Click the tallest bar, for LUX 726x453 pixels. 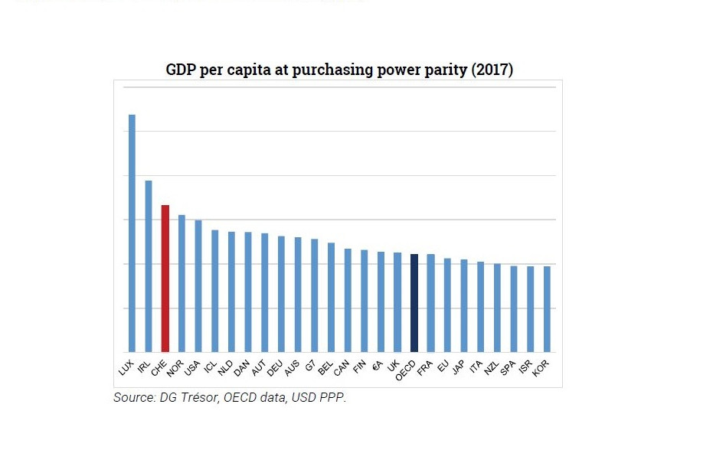click(132, 233)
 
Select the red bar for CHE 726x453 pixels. click(165, 279)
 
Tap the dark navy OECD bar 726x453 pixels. click(414, 303)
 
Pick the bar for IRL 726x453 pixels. click(149, 266)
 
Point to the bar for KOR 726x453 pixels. click(547, 309)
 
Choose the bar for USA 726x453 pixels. click(198, 286)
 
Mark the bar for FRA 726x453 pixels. click(430, 303)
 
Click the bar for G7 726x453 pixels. click(315, 295)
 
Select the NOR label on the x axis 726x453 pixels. click(175, 368)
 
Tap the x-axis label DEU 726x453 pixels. click(275, 368)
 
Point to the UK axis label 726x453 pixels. click(394, 367)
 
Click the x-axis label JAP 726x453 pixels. click(458, 368)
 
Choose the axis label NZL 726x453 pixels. click(491, 368)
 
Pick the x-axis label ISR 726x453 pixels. click(525, 368)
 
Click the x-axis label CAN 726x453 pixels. click(342, 368)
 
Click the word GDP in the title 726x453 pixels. click(181, 70)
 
